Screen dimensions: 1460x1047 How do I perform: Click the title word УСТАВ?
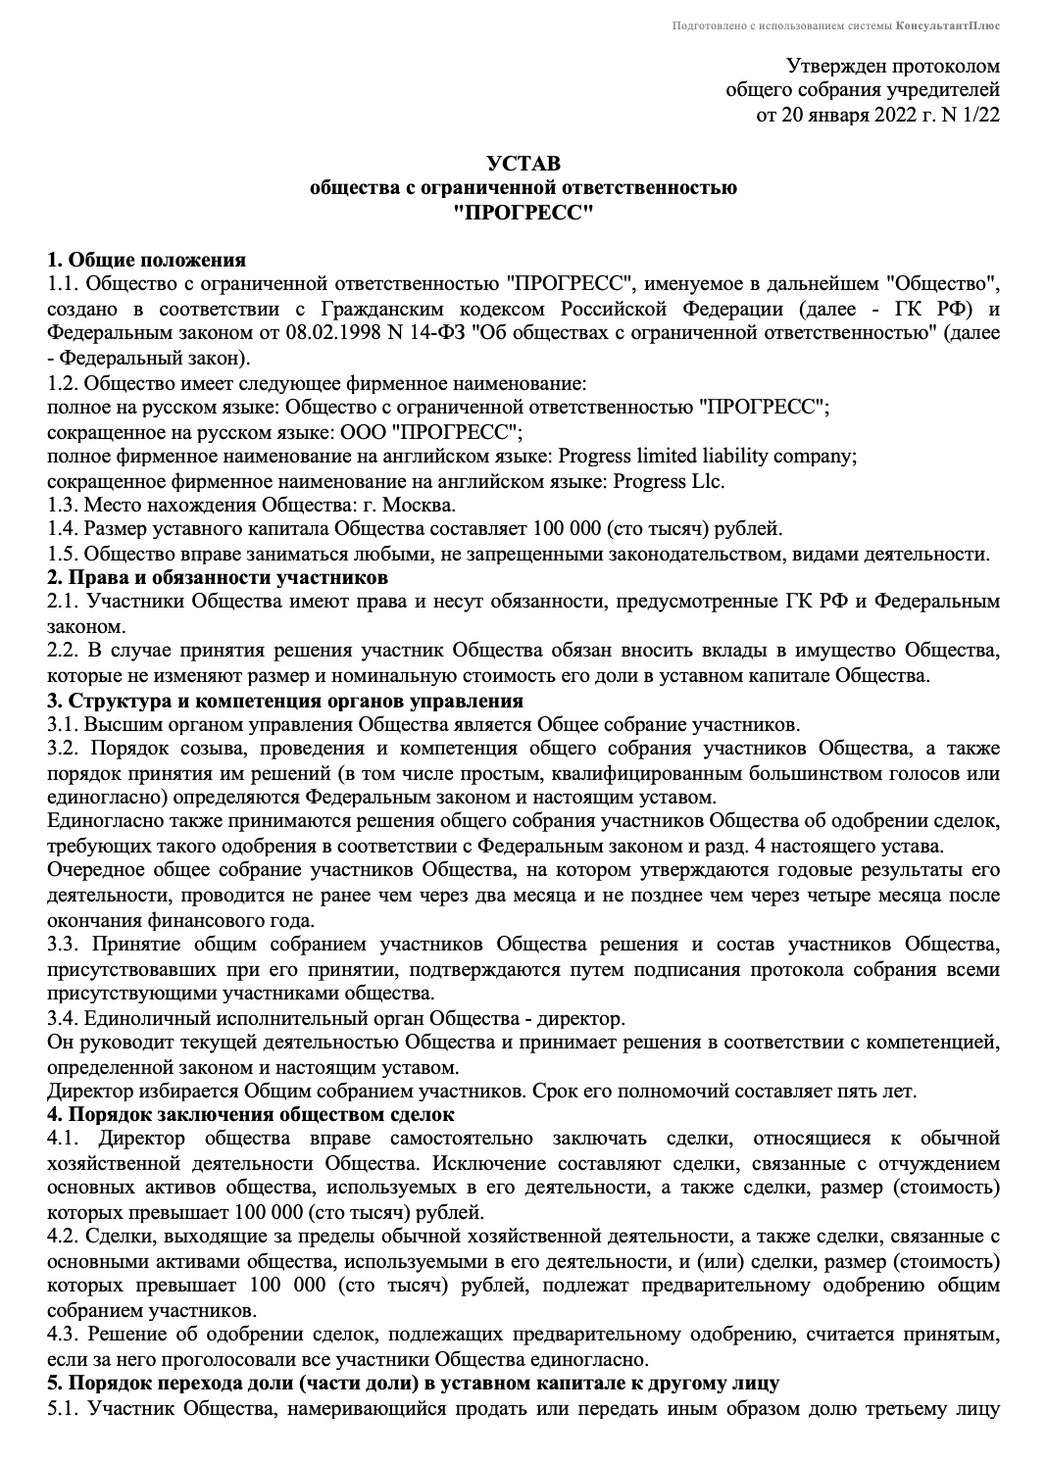pyautogui.click(x=523, y=163)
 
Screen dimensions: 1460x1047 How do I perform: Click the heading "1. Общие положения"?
pyautogui.click(x=147, y=260)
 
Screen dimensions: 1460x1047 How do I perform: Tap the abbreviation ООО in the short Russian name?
pyautogui.click(x=338, y=432)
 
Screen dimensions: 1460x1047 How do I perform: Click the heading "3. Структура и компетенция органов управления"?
pyautogui.click(x=285, y=701)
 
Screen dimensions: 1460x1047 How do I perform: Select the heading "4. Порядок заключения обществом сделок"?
pyautogui.click(x=251, y=1114)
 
